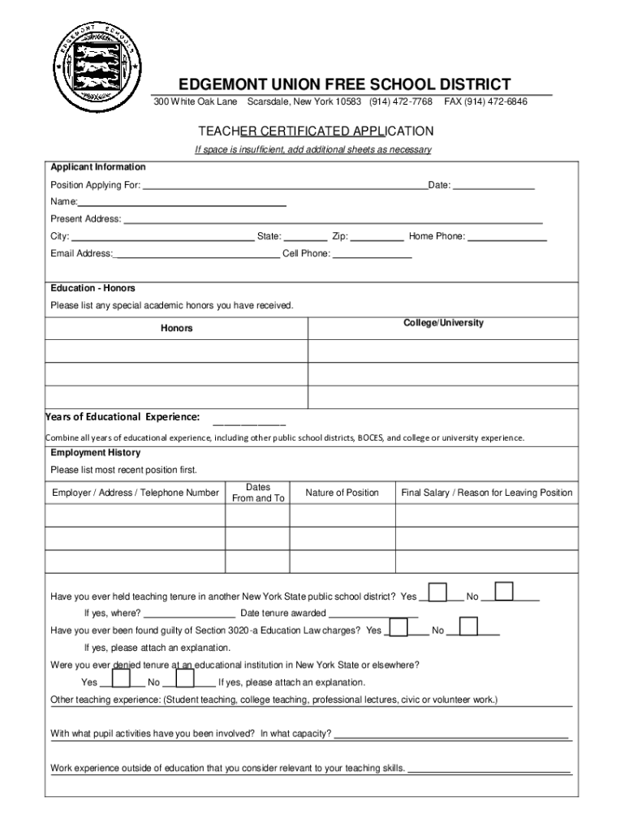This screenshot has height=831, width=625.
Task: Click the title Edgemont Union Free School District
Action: coord(345,84)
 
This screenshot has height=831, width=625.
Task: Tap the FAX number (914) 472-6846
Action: coord(485,102)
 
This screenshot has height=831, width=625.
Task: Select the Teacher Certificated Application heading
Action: coord(317,131)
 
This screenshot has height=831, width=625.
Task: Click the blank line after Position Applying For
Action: coord(284,187)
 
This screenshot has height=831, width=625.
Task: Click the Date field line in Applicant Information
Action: coord(494,187)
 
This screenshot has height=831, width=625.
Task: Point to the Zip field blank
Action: coord(377,238)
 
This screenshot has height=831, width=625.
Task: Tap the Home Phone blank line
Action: coord(508,238)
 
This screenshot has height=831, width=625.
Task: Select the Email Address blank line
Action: coord(197,255)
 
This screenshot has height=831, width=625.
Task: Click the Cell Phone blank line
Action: coord(373,255)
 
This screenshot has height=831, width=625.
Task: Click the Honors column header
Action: coord(176,328)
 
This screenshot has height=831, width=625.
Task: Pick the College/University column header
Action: coord(443,323)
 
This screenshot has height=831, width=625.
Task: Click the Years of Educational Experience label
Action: coord(123,417)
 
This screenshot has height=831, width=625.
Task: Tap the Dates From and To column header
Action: coord(258,493)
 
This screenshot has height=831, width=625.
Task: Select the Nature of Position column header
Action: coord(342,493)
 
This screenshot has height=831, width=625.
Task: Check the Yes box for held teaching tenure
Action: coord(437,592)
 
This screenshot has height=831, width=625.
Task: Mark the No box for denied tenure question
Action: coord(184,678)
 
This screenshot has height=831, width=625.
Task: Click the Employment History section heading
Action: coord(96,453)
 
